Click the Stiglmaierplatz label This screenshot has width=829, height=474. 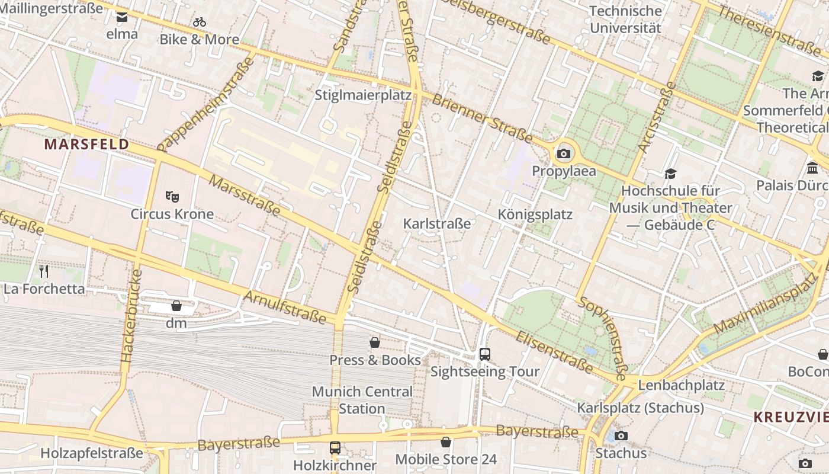(363, 95)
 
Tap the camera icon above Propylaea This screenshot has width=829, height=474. (564, 154)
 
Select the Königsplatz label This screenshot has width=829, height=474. (535, 214)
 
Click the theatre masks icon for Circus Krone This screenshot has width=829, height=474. (172, 196)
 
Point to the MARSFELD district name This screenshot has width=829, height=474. (86, 145)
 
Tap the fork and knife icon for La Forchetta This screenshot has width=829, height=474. (44, 271)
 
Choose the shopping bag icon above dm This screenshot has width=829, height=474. (176, 306)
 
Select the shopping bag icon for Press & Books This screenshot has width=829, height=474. (375, 342)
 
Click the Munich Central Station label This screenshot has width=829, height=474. (362, 400)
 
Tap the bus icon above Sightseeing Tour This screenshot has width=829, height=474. (485, 354)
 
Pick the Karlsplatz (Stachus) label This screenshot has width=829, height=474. (640, 408)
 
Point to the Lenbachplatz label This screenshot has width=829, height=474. (681, 386)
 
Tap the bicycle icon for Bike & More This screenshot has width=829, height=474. (200, 22)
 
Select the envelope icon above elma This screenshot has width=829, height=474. (122, 17)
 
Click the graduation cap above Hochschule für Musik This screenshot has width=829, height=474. (670, 174)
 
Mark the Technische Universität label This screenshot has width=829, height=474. (625, 20)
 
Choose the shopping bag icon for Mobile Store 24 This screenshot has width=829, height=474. (446, 442)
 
